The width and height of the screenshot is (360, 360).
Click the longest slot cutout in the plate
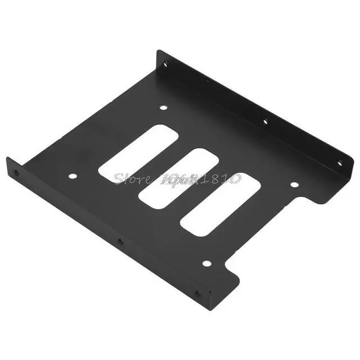coord(138,152)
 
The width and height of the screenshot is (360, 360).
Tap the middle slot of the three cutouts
coord(178,178)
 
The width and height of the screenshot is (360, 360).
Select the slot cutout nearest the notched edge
coord(220,204)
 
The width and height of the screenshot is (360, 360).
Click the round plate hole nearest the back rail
coord(164,107)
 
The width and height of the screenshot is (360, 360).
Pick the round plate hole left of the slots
coord(73,176)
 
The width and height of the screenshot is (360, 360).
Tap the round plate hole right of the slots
coord(294,184)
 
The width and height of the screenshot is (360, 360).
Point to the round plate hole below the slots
coord(206,263)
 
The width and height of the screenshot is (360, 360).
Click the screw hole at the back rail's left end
coord(165,65)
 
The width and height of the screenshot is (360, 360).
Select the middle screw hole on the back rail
coord(265,121)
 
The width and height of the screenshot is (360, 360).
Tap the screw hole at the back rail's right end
coord(339,164)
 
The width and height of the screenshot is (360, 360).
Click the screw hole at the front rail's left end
coord(16,173)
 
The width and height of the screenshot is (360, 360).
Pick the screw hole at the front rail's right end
coord(197,294)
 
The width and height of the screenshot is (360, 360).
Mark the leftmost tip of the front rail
coord(7,159)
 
